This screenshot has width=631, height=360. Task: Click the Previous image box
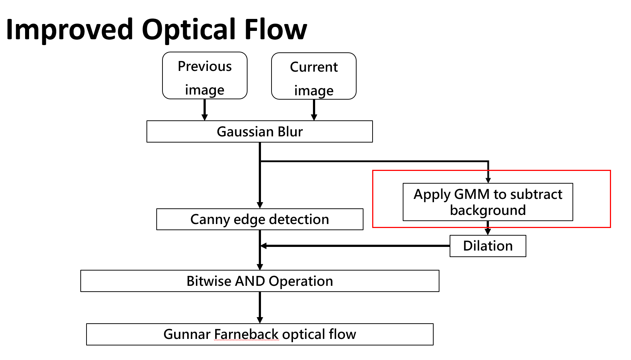point(205,76)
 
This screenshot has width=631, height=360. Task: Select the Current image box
point(314,76)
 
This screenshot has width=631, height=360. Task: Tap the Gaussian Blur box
point(260,132)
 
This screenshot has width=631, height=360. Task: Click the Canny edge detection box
point(260,219)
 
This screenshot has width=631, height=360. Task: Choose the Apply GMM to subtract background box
point(488,202)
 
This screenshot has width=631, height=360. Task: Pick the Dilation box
point(488,246)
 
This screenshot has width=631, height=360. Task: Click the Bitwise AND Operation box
point(260,281)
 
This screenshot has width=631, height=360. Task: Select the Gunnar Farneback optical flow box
point(260,334)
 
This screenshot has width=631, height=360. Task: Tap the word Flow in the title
point(276,29)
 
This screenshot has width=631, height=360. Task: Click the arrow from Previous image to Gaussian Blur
point(205,110)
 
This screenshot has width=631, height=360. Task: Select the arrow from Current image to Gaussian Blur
point(314,110)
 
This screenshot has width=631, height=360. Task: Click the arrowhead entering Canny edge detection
point(260,205)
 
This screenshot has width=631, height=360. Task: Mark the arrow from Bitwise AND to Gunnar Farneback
point(260,307)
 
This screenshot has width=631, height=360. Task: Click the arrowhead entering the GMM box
point(488,180)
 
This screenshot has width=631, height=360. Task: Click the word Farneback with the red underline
point(246,334)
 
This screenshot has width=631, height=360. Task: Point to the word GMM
point(472,194)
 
